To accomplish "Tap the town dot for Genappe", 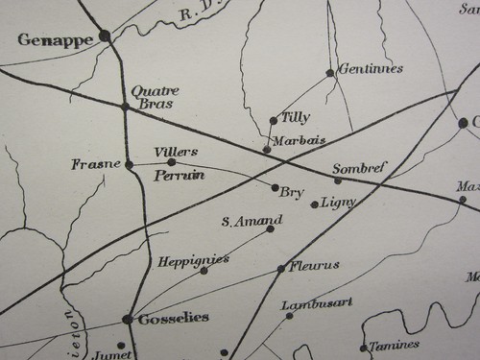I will tap(105, 36).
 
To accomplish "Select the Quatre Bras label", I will tap(155, 96).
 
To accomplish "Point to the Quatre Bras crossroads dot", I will tap(125, 106).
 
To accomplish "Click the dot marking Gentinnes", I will tap(330, 73).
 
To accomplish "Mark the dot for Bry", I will tap(276, 188).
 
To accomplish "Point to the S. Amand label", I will tap(238, 222).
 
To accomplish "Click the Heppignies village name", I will tap(193, 259).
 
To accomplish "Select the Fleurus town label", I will tap(314, 265).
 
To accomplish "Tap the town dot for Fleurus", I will tap(280, 269).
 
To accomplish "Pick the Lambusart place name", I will tap(317, 302).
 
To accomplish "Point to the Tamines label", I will tap(396, 345).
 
